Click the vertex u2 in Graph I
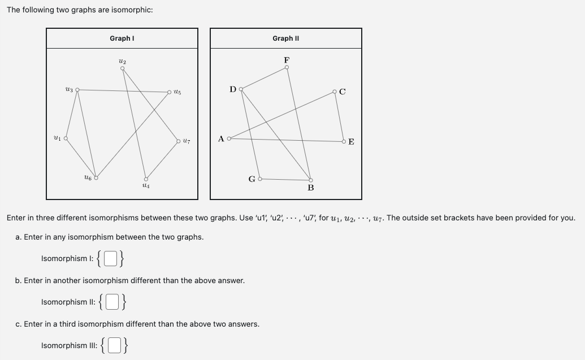tap(123, 68)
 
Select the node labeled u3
tap(77, 89)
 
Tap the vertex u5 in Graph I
tap(169, 92)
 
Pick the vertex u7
tap(179, 141)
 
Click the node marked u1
tap(66, 138)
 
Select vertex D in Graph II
tap(241, 89)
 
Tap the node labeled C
tap(335, 92)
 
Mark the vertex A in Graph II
tap(229, 138)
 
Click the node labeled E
tap(344, 141)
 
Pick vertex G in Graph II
tap(259, 179)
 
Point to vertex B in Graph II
tap(310, 179)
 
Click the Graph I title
tap(122, 38)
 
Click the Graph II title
tap(285, 38)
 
